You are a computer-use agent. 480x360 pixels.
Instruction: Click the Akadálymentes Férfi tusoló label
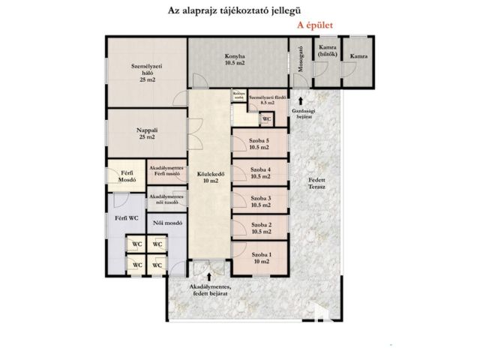pos(166,172)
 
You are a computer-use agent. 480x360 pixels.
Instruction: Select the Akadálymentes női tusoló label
pos(166,199)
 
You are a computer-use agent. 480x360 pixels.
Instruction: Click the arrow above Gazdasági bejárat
pos(301,99)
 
